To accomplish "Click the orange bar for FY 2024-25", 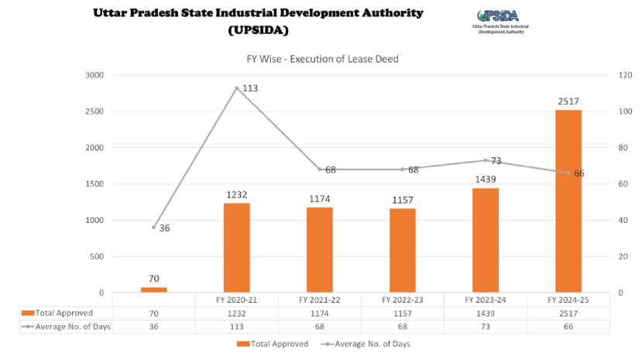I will tap(568, 201).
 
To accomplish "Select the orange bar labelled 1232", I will tap(236, 248).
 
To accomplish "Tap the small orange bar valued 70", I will tap(153, 290).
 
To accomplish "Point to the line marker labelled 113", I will tap(236, 87).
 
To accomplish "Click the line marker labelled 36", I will tap(153, 228).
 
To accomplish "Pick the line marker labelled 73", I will tap(486, 160).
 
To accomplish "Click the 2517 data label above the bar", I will tap(568, 101).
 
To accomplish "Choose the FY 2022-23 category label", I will tap(403, 299).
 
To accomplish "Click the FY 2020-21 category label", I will tap(237, 299).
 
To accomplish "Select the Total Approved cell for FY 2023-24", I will tap(486, 313).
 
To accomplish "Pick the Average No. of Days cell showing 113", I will tap(237, 326).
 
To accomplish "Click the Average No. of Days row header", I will tap(66, 326).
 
